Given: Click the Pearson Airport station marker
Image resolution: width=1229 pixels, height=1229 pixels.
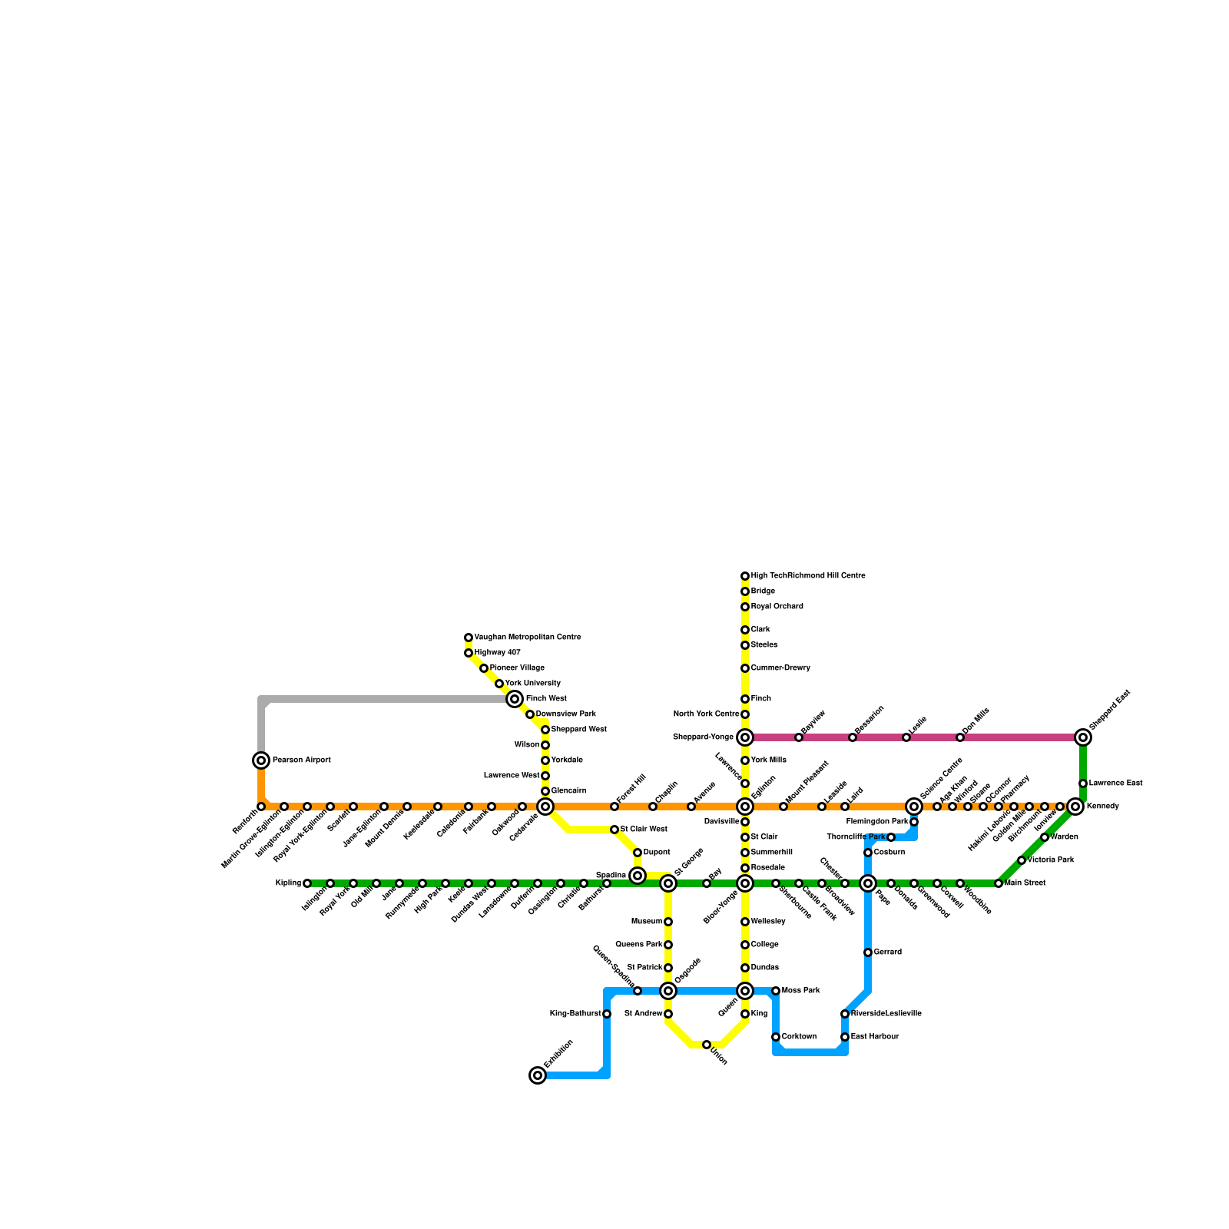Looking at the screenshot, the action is pos(261,760).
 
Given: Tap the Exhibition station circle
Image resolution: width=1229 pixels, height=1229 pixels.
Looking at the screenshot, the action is pos(538,1075).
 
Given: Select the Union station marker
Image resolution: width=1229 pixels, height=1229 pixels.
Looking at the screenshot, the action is pos(707,1045).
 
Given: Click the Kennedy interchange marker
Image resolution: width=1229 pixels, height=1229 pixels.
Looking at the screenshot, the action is pos(1075,807).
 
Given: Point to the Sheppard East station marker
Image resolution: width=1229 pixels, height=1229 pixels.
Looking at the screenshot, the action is pos(1083,737).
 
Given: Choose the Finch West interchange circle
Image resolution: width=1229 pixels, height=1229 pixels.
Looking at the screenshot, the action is pos(515,699).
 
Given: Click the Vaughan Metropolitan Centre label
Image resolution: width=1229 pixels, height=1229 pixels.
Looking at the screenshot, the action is pos(527,638).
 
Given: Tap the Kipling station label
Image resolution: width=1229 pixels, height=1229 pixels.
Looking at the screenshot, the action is pos(288,883).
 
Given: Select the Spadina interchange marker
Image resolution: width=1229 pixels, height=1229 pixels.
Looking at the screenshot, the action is pos(638,876).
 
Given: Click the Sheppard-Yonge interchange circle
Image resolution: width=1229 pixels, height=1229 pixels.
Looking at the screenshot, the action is pos(745,737).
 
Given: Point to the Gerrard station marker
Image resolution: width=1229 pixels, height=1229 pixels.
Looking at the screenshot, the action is pos(868,952).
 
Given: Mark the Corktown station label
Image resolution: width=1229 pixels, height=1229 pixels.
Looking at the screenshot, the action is pos(799,1037).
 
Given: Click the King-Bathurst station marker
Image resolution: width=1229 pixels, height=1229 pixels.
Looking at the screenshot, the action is pos(607,1014).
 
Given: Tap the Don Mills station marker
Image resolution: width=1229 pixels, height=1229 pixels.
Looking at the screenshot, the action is pos(960,737).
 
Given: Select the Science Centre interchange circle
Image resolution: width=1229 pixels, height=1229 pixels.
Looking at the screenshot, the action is pos(914,807).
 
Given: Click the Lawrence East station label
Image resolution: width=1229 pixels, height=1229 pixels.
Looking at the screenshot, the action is pos(1115,783).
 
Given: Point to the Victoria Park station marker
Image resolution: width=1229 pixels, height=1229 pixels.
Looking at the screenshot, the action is pos(1022,860).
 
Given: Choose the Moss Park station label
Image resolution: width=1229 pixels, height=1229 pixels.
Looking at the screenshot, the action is pos(800,991).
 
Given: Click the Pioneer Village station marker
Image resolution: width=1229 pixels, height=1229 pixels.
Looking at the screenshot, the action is pos(484,668).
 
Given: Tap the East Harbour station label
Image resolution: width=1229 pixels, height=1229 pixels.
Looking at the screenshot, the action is pos(874,1037).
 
